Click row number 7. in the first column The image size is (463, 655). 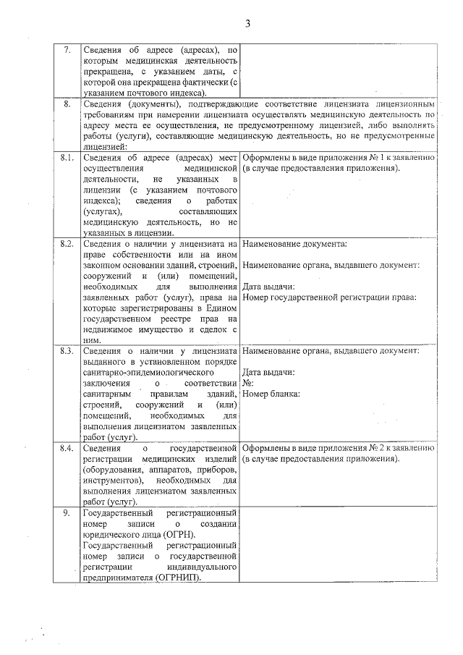tap(67, 50)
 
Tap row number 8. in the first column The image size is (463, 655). tap(67, 105)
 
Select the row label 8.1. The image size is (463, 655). tap(67, 158)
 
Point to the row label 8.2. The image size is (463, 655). tap(67, 244)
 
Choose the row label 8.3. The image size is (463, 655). tap(67, 352)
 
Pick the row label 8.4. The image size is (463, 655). tap(67, 449)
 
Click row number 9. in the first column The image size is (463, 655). tap(67, 513)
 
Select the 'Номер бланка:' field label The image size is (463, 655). tap(272, 394)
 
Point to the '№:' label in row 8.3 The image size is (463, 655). tap(248, 384)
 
